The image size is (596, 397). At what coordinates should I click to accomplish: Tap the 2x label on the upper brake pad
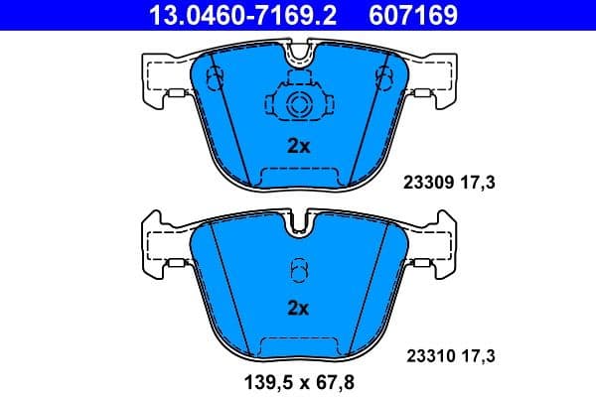[x=298, y=146]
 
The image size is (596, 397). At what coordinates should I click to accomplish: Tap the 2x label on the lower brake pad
[x=298, y=309]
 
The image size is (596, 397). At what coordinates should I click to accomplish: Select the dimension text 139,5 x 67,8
[x=298, y=379]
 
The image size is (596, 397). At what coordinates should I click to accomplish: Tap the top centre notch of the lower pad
[x=298, y=226]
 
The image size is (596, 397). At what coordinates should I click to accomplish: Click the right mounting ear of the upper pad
[x=437, y=79]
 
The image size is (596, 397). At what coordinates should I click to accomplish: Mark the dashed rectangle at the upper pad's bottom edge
[x=298, y=177]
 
